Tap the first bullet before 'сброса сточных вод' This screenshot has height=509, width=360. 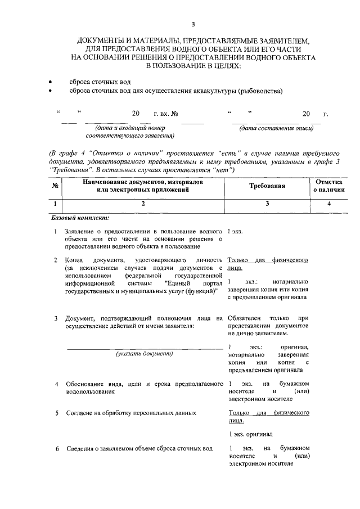[x=52, y=82]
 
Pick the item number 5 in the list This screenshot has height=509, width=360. [x=56, y=413]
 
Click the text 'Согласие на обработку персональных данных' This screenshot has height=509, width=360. [x=130, y=413]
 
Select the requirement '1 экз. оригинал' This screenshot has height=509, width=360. [x=251, y=434]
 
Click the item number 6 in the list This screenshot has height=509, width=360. [x=56, y=448]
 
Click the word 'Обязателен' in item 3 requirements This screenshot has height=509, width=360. [x=245, y=318]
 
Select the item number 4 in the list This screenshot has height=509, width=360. [x=56, y=384]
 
